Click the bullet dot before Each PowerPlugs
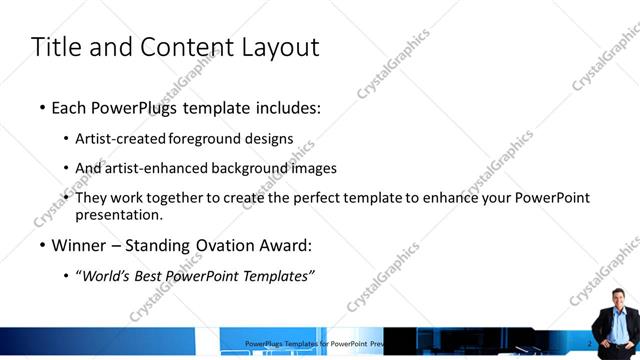point(42,108)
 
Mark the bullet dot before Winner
point(42,246)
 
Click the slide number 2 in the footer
point(590,343)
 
